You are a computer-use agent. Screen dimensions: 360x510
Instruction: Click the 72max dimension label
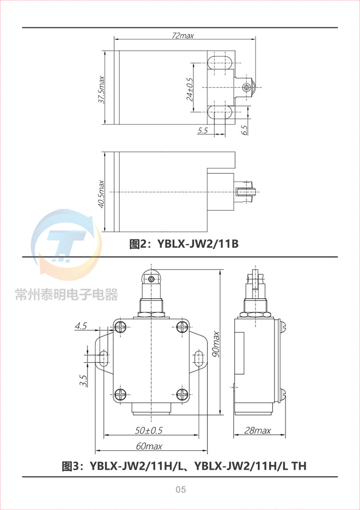coord(182,36)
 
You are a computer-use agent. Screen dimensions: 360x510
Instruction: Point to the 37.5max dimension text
coord(101,89)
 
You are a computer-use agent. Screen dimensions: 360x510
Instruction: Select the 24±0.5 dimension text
coord(190,89)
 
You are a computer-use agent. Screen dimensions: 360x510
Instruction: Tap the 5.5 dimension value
coord(202,131)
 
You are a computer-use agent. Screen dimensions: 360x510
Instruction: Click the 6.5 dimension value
coord(244,130)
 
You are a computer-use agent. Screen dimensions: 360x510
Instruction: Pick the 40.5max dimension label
coord(101,194)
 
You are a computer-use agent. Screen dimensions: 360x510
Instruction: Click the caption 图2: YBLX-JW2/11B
coord(184,243)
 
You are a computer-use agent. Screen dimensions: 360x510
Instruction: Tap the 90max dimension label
coord(216,344)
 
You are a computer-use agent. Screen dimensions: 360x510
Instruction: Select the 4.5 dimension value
coord(80,326)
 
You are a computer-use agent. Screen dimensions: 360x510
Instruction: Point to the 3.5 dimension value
coord(84,380)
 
